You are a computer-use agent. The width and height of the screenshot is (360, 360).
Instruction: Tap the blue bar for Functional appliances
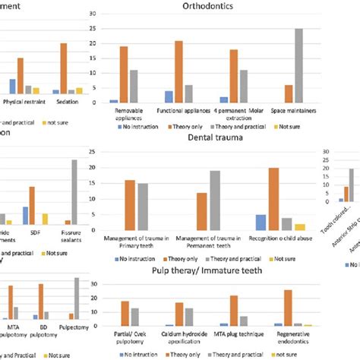[x=169, y=96]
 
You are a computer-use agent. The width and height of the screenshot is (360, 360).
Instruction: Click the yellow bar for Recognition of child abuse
[x=300, y=227]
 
